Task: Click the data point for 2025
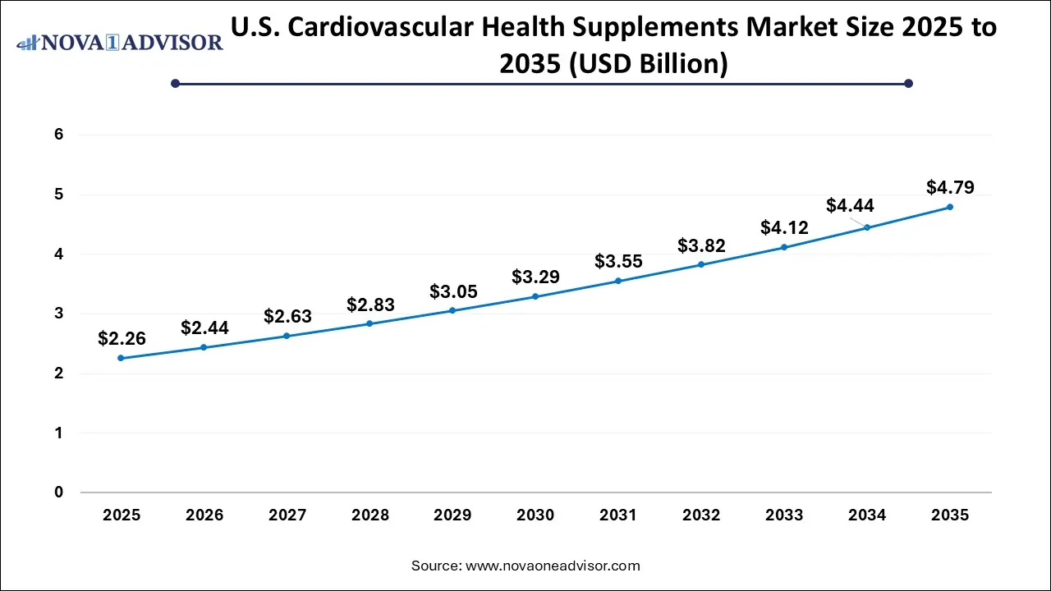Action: tap(122, 358)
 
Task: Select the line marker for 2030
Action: tap(535, 296)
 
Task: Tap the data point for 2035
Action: tap(950, 207)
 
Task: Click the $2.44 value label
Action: tap(204, 328)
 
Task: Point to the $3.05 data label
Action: tap(453, 291)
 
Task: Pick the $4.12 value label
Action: tap(784, 227)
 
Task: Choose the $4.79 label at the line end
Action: tap(950, 187)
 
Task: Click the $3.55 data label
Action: tap(618, 262)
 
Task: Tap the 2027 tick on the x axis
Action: tap(287, 515)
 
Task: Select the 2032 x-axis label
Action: tap(701, 515)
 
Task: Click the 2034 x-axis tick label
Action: tap(867, 515)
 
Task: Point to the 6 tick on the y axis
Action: tap(58, 135)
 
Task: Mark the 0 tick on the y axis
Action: tap(58, 492)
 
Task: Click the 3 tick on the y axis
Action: tap(58, 314)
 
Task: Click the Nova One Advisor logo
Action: tap(119, 42)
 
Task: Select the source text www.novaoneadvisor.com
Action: tap(553, 566)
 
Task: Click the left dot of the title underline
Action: tap(175, 83)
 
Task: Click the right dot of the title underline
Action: tap(908, 83)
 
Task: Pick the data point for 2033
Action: tap(784, 247)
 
